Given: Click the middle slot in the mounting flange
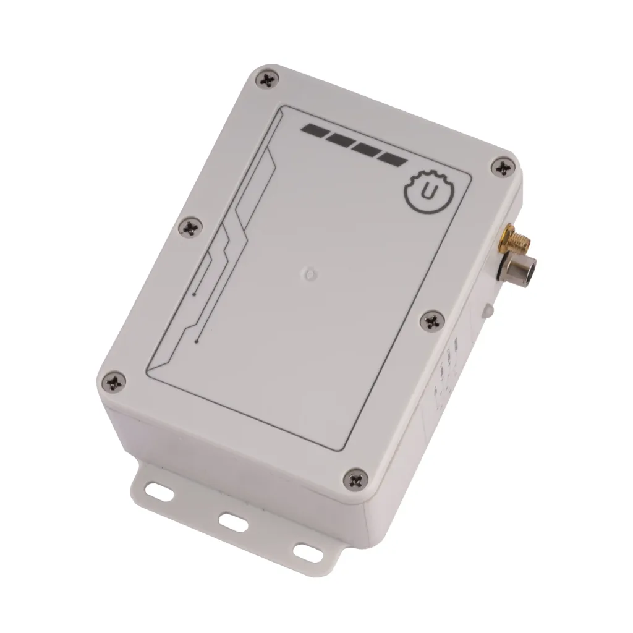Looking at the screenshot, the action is tap(233, 523).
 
